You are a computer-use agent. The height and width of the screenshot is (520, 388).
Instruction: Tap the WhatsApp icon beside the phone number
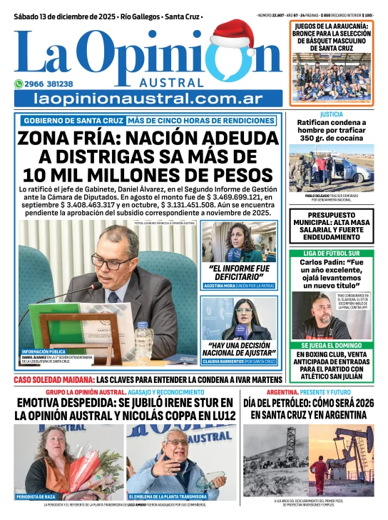coord(19,84)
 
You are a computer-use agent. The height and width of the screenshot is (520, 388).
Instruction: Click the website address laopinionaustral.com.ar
coord(148,98)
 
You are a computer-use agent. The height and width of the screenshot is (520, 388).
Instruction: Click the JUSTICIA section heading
coord(331,114)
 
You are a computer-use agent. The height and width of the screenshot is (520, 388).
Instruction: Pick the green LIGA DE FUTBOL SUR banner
coord(331,253)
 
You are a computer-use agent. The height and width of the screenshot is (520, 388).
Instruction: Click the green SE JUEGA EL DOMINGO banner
coord(331,345)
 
